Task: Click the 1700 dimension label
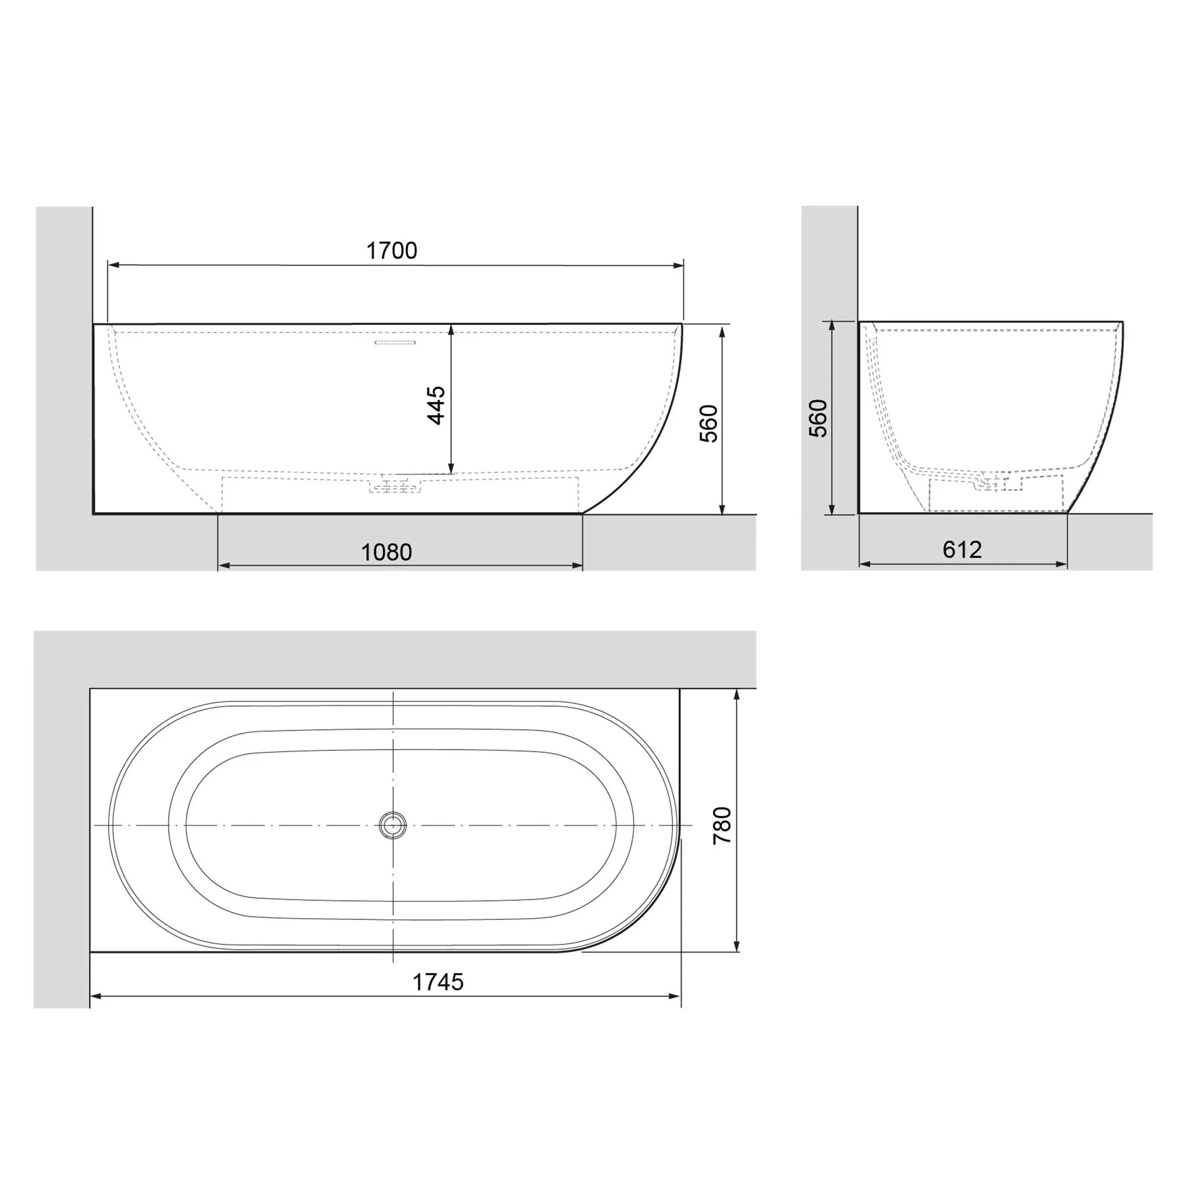391,250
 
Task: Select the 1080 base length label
387,552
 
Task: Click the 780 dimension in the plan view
722,825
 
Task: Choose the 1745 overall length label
438,982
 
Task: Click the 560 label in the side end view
818,419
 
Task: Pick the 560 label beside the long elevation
709,423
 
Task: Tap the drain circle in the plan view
393,825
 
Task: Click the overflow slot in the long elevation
395,342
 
